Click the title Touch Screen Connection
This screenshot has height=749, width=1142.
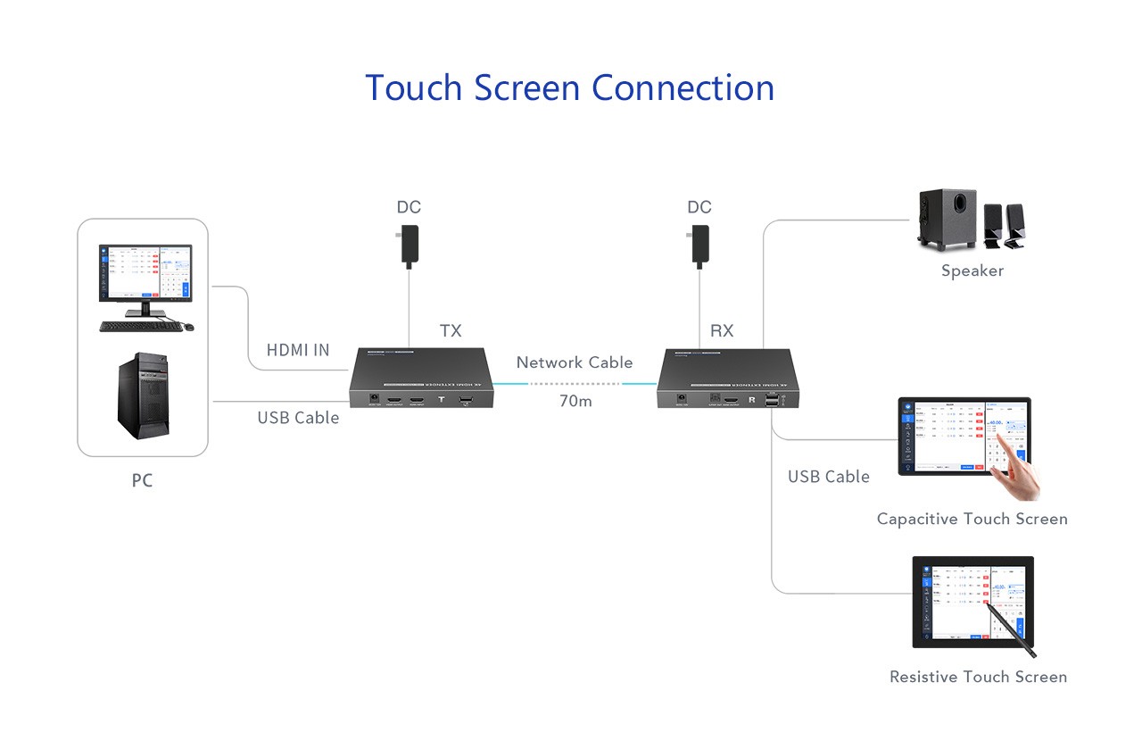tap(569, 87)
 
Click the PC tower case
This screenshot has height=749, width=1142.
tap(142, 399)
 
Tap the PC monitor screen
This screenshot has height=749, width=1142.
tap(145, 271)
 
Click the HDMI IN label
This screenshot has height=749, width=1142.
tap(298, 350)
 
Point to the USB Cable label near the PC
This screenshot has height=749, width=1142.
tap(298, 418)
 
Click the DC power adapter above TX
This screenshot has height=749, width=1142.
tap(410, 245)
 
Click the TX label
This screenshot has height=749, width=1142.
tap(451, 330)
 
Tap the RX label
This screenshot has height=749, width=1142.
tap(722, 330)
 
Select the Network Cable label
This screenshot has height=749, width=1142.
tap(574, 362)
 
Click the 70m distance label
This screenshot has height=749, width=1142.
tap(575, 401)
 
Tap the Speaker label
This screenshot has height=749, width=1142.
tap(972, 270)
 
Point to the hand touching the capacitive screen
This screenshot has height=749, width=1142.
tap(1020, 469)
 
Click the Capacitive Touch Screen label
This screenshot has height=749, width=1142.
tap(972, 519)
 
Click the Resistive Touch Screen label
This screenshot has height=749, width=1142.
tap(978, 677)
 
